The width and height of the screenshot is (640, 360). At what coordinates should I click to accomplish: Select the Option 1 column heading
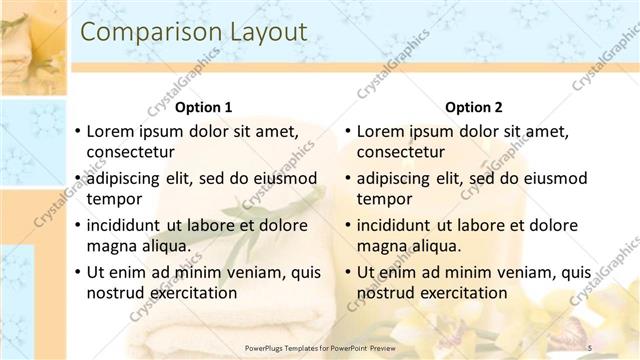coord(203,107)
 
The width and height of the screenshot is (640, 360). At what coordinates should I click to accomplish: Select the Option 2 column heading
coord(473,107)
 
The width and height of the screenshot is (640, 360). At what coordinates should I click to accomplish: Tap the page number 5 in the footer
coord(589,346)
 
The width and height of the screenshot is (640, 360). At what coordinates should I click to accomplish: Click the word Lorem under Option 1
coord(110,131)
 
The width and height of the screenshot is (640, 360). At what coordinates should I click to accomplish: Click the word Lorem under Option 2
coord(380,131)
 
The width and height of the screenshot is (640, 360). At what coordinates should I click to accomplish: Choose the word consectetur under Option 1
coord(130,153)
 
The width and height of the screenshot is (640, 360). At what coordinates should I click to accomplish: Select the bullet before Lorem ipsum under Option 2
coord(347,131)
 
